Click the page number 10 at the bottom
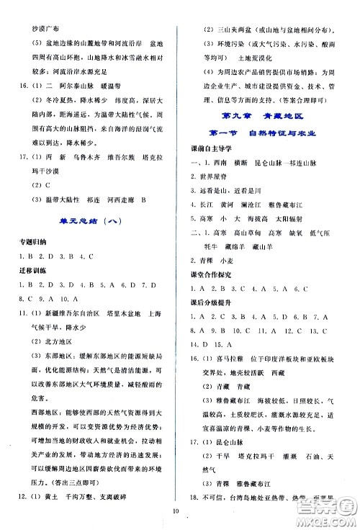[x=185, y=513]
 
